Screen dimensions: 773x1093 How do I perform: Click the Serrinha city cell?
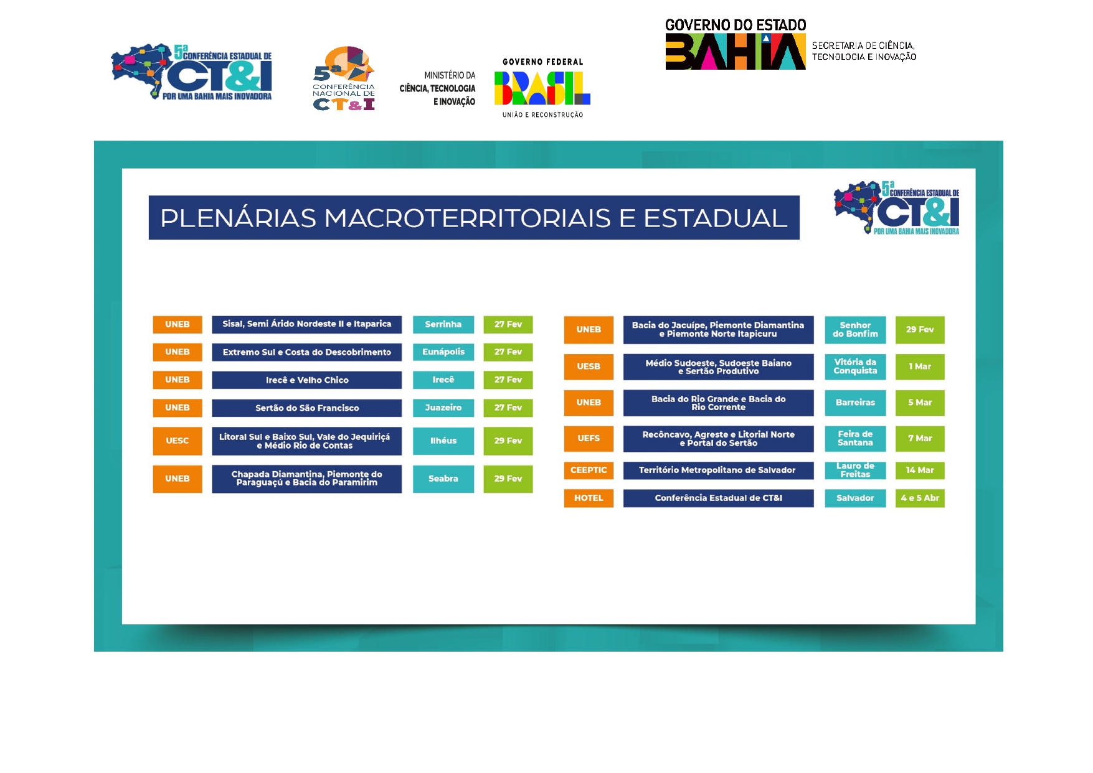click(443, 324)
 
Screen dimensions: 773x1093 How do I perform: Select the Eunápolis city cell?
click(443, 352)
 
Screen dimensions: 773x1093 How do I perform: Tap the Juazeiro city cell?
click(443, 408)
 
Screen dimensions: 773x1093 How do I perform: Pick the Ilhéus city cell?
click(443, 441)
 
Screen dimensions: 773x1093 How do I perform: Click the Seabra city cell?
click(443, 479)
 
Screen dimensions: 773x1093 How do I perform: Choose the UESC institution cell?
click(177, 441)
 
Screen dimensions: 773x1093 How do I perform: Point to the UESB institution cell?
click(589, 367)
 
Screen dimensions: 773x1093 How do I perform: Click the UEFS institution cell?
click(589, 438)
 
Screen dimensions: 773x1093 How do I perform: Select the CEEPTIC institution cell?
click(589, 470)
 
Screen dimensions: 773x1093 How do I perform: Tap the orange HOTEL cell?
click(589, 498)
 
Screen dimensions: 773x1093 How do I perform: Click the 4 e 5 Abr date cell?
click(920, 498)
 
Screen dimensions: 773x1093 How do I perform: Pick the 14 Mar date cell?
click(920, 470)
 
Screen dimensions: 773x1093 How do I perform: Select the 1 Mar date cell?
click(920, 367)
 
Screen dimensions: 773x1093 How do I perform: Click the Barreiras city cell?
click(855, 403)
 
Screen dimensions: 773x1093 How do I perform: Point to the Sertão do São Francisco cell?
click(306, 408)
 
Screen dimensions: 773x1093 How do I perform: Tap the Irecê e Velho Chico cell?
click(306, 380)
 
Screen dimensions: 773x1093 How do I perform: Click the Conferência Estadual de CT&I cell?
click(718, 498)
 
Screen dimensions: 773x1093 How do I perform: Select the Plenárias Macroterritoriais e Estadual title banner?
click(473, 218)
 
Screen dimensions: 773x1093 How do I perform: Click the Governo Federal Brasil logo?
click(542, 88)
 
